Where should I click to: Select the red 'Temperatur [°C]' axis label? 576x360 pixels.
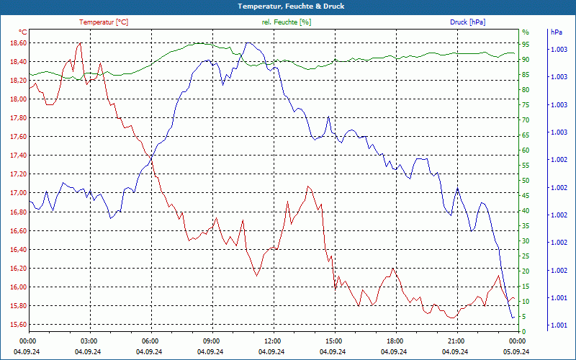click(x=104, y=22)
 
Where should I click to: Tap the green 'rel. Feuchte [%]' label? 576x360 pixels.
click(x=287, y=22)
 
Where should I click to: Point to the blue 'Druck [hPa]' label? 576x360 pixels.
click(x=467, y=22)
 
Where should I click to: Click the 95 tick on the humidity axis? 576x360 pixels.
click(x=526, y=44)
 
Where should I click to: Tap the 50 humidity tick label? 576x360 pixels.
click(x=526, y=180)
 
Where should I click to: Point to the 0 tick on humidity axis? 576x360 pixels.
click(x=524, y=331)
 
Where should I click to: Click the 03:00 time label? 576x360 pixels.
click(x=89, y=341)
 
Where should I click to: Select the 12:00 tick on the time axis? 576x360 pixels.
click(x=273, y=341)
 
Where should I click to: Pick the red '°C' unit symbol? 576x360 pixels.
click(x=23, y=32)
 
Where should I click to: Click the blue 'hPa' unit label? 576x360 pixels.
click(x=557, y=32)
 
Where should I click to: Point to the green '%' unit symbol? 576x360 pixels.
click(x=526, y=32)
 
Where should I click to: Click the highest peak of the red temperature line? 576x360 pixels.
click(x=79, y=43)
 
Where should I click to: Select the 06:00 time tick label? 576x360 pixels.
click(x=150, y=341)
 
